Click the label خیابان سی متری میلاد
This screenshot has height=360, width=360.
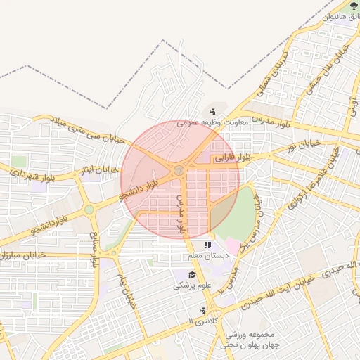click(x=79, y=129)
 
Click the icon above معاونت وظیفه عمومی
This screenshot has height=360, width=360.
click(x=212, y=110)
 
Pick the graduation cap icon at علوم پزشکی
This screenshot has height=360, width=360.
click(x=192, y=274)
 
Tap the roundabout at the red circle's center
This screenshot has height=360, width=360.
click(x=179, y=171)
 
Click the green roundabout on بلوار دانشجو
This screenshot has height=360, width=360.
click(x=89, y=209)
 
